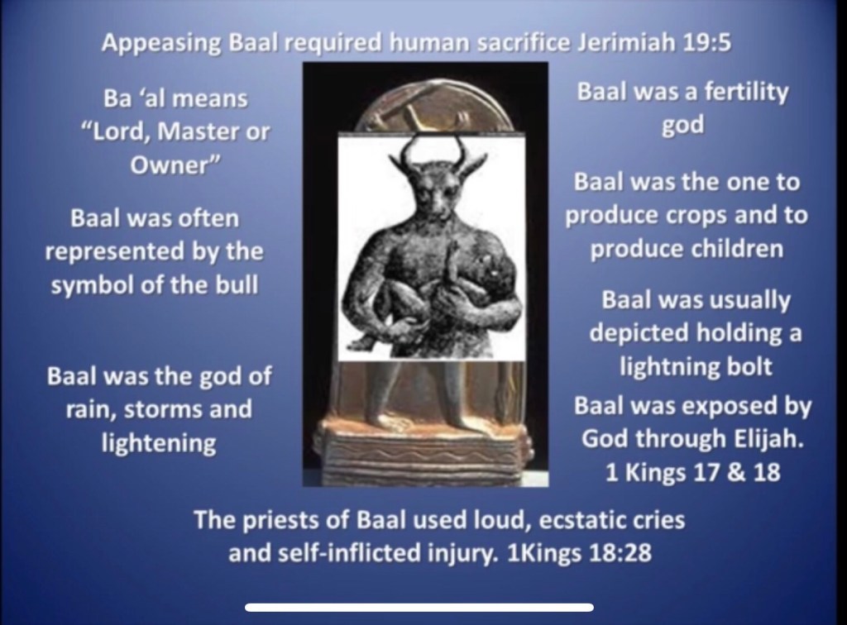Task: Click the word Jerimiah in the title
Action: [x=627, y=43]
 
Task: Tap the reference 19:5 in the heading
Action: [x=707, y=43]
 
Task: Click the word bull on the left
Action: [x=237, y=284]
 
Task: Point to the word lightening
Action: [x=159, y=444]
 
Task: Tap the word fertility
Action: [x=747, y=93]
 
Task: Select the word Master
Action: [x=203, y=131]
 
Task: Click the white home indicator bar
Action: [x=419, y=607]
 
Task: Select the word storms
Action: [x=163, y=410]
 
